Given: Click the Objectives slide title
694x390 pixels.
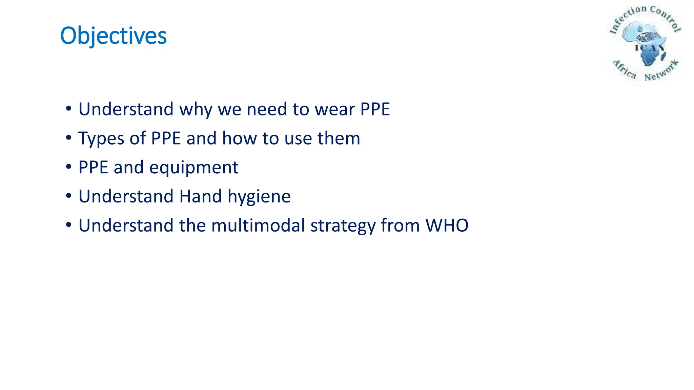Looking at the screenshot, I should (x=113, y=36).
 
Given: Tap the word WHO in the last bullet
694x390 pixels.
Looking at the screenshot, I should (x=447, y=225).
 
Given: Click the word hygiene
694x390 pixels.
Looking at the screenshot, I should (x=259, y=197).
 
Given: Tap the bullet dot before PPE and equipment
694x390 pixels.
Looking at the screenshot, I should (x=69, y=167).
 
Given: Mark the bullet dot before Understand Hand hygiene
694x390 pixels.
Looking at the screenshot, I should (x=69, y=196).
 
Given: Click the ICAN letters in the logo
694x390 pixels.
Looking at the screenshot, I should (x=649, y=48).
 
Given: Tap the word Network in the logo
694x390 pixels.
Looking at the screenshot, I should (x=661, y=71).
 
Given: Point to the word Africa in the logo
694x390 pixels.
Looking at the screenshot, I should (x=625, y=69).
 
